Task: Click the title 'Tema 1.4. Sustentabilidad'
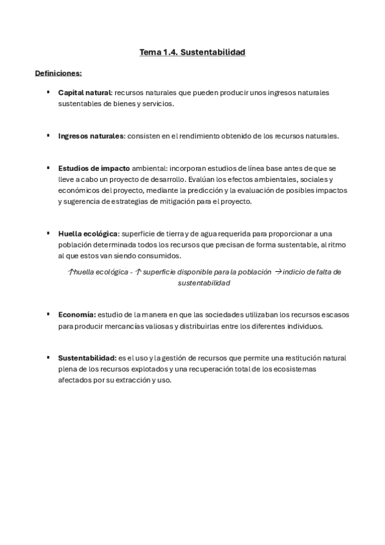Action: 192,52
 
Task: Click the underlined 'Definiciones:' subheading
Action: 58,73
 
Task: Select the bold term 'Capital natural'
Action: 84,93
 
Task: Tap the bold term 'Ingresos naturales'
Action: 91,136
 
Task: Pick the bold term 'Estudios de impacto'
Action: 94,168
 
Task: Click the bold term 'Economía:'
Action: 77,314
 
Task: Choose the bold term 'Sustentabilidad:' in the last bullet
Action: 87,357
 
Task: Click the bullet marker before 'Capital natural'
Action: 48,93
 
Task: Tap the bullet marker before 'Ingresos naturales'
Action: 48,136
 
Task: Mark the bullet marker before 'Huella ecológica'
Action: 48,233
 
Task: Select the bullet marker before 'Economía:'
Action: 48,314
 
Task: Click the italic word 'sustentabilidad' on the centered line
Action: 204,283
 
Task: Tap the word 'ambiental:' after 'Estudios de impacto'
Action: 149,168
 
